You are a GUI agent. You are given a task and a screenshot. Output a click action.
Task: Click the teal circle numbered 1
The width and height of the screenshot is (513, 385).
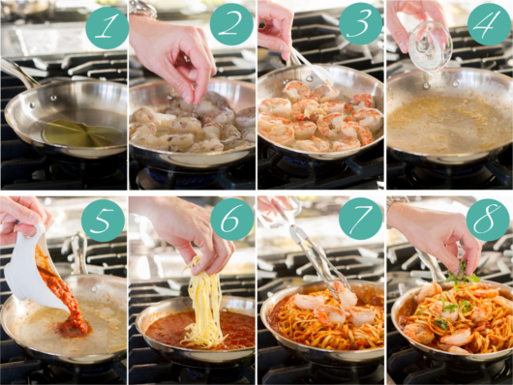pyautogui.click(x=107, y=28)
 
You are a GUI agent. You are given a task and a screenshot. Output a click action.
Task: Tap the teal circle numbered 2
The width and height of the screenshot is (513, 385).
pyautogui.click(x=231, y=24)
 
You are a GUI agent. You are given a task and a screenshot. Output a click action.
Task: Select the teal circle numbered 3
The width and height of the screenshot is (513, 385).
pyautogui.click(x=360, y=23)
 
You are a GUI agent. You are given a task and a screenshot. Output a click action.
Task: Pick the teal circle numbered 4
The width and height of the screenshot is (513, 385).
pyautogui.click(x=489, y=24)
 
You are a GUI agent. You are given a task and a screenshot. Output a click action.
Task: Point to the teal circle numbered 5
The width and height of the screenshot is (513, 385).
pyautogui.click(x=103, y=221)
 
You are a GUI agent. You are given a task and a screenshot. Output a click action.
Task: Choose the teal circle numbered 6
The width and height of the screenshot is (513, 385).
pyautogui.click(x=232, y=220)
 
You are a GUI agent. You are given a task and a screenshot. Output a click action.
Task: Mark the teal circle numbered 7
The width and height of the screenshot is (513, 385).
pyautogui.click(x=360, y=219)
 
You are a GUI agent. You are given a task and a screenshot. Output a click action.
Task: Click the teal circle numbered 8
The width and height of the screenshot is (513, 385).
pyautogui.click(x=488, y=220)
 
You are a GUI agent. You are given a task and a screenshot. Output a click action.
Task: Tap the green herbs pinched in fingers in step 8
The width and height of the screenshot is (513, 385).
pyautogui.click(x=462, y=275)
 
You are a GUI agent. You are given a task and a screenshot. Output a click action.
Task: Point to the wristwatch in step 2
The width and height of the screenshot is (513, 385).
pyautogui.click(x=143, y=8)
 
